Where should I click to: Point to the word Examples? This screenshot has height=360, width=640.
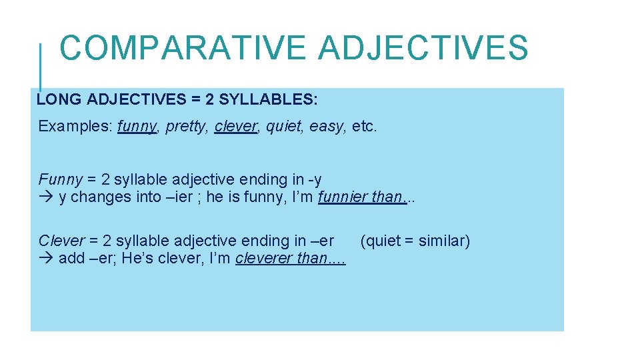point(75,126)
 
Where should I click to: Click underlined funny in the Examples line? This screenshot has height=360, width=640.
point(137,126)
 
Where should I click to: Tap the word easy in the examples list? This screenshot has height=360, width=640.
point(327,126)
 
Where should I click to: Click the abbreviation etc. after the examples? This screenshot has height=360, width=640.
point(364,126)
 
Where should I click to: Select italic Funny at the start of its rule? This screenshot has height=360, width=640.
point(61,179)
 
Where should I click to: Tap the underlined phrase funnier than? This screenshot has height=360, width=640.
point(362,197)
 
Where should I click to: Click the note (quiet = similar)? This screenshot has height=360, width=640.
point(415,241)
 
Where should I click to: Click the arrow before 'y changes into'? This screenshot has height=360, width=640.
point(46,197)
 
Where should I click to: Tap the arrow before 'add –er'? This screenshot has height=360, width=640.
point(46,258)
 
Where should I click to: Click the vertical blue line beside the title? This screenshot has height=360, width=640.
point(41,67)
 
